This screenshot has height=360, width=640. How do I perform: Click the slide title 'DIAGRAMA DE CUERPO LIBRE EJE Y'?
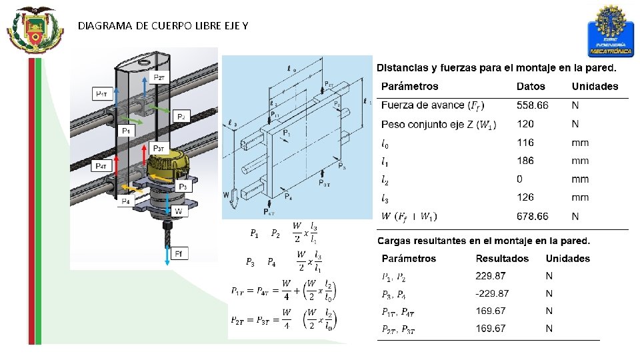(x=163, y=26)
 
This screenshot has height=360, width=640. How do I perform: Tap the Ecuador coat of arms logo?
(x=35, y=30)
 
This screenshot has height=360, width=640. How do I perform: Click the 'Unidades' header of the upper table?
(x=595, y=86)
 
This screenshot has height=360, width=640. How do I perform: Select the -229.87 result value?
(x=492, y=293)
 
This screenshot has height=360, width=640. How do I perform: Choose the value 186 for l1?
(x=525, y=161)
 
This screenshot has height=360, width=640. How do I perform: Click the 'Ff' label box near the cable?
(x=179, y=253)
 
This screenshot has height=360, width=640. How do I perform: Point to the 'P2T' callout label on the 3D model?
(x=161, y=78)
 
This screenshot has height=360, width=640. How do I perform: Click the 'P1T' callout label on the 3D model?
(x=103, y=94)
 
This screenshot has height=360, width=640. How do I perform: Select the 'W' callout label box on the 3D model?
(x=178, y=212)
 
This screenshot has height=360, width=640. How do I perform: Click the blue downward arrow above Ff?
(x=167, y=254)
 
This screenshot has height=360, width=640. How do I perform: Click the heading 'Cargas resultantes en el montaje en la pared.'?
(x=484, y=241)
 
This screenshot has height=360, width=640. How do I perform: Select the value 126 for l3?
(x=525, y=197)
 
